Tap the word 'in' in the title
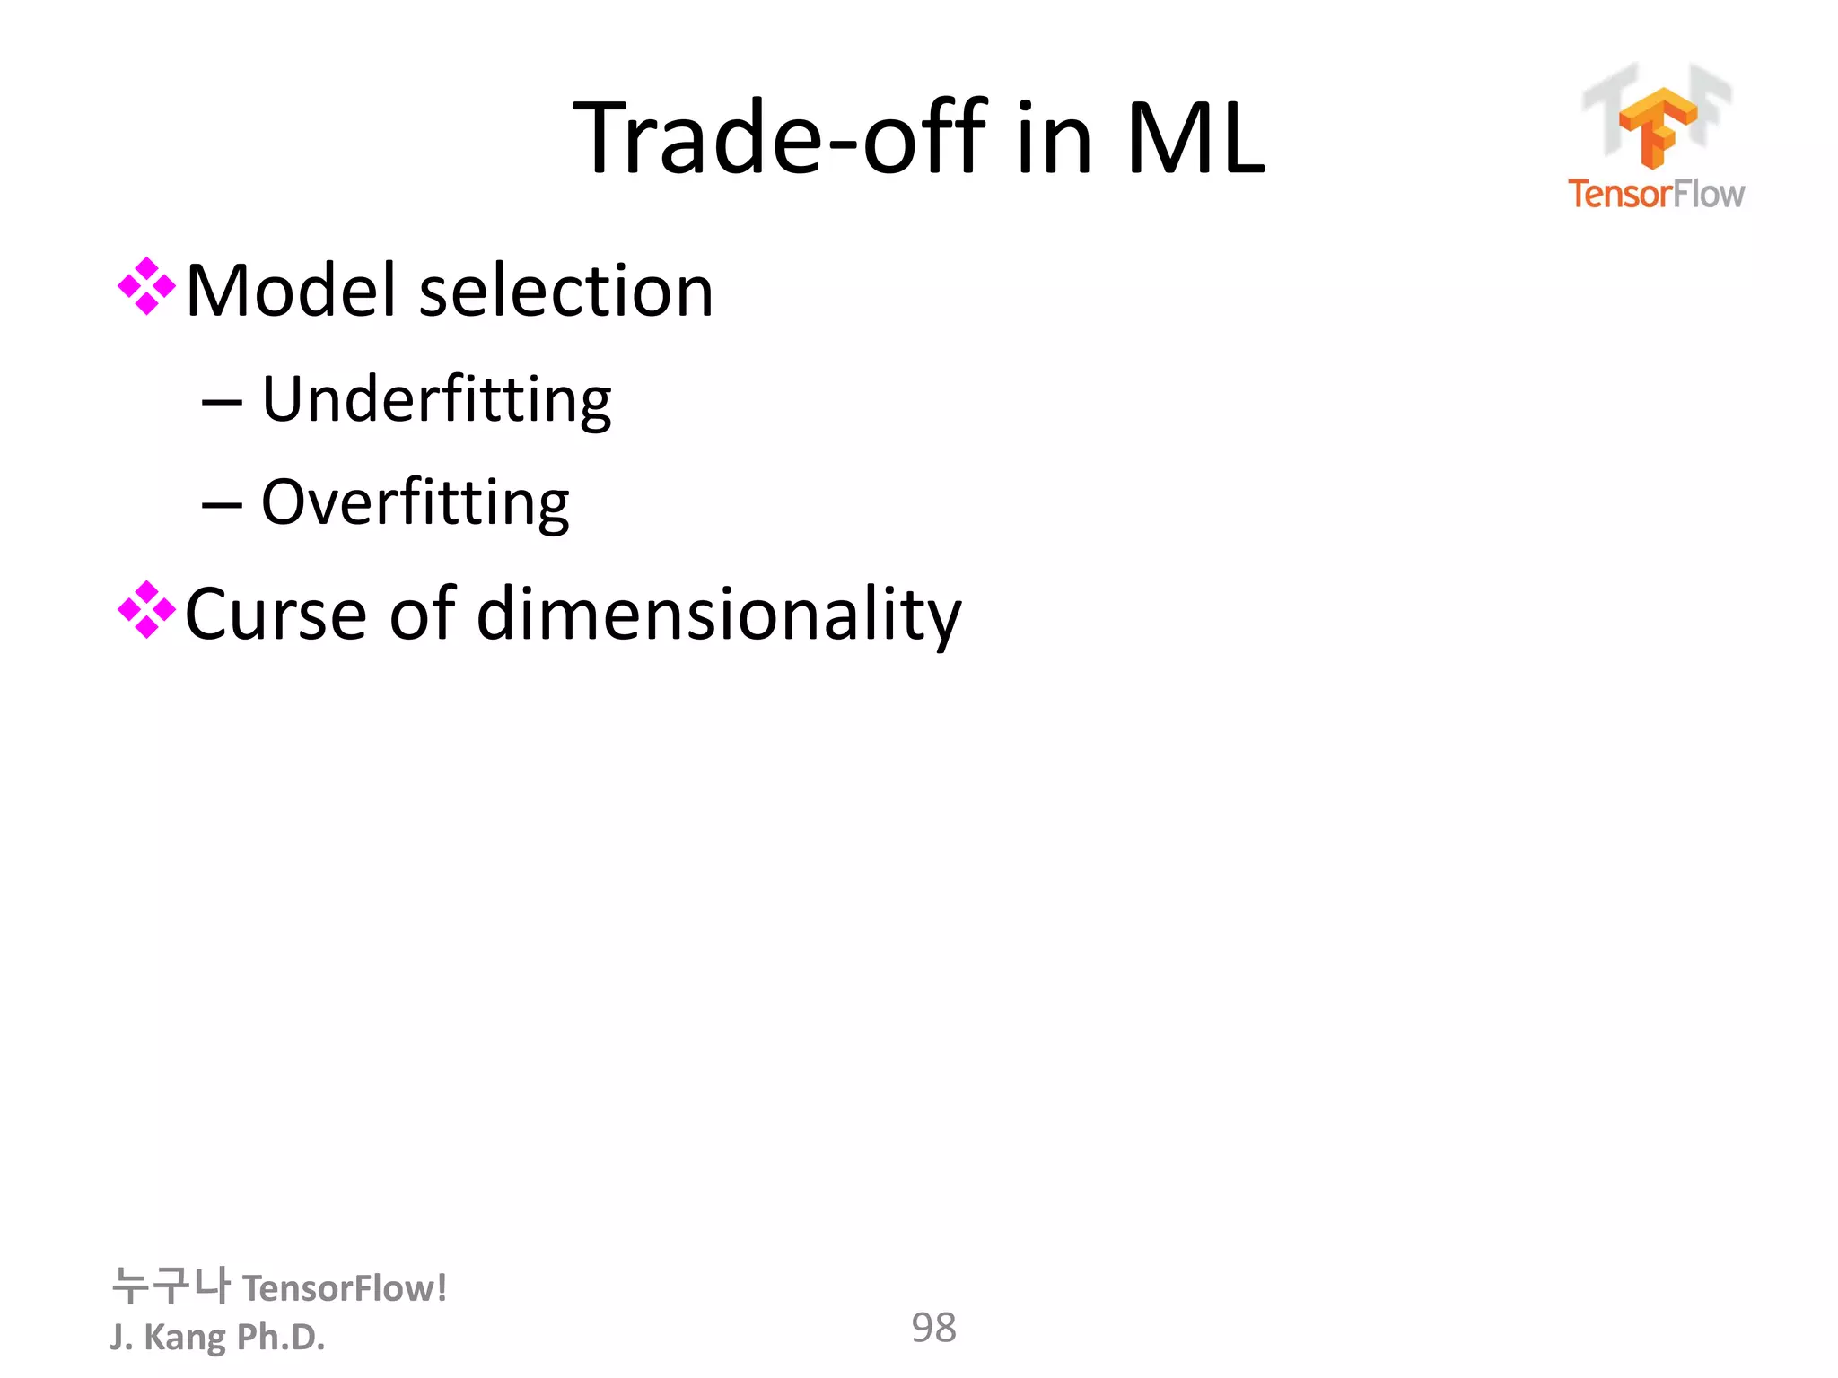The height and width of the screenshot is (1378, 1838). pos(1054,139)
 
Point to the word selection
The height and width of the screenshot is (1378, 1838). pos(565,292)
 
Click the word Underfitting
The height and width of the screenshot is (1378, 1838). pos(436,400)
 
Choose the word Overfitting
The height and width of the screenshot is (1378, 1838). pos(415,503)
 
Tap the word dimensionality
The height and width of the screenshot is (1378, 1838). pos(718,615)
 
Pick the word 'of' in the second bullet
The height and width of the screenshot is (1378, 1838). pos(422,615)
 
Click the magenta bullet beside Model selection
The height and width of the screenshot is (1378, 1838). pos(146,287)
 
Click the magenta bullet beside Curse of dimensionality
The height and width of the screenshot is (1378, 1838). pos(146,611)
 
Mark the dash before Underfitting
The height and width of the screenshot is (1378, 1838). pos(222,403)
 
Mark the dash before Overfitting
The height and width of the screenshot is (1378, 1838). pos(222,506)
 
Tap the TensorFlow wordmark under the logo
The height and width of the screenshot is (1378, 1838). pos(1656,194)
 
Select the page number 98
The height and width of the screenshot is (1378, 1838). pos(933,1328)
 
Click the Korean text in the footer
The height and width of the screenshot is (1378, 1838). pos(171,1286)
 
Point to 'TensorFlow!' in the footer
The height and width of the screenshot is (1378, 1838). pos(345,1289)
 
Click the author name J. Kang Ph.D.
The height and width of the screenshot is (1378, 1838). pos(217,1337)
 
